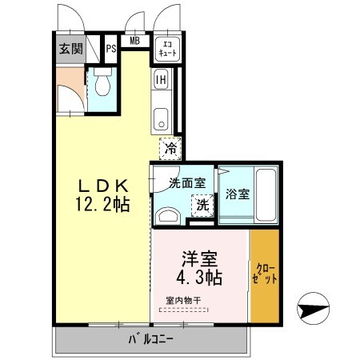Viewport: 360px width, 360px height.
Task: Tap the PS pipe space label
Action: pos(112,47)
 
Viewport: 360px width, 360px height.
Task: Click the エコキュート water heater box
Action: pos(167,48)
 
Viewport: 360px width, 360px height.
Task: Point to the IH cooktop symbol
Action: pos(161,79)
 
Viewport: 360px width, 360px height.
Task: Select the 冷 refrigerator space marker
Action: pos(170,147)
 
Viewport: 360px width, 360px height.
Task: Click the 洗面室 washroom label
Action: pos(186,182)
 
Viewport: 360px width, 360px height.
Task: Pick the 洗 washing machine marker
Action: pos(203,205)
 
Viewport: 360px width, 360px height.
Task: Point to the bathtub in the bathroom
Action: pos(266,197)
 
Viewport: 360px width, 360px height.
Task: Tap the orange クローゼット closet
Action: pos(265,274)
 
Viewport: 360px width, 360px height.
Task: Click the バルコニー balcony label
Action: pos(151,340)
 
